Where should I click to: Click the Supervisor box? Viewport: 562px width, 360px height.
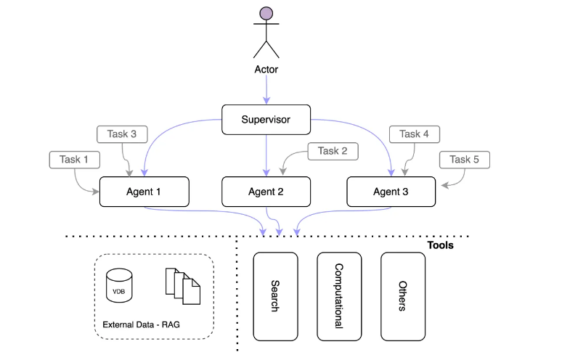click(266, 119)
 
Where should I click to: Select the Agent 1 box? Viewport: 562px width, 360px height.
click(144, 192)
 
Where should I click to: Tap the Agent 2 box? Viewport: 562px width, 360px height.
click(266, 192)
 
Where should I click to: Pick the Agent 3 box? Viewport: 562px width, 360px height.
click(391, 192)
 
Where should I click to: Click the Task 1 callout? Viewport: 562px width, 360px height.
click(74, 160)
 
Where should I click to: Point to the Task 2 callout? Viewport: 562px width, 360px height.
click(333, 151)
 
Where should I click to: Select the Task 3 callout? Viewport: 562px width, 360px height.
click(122, 134)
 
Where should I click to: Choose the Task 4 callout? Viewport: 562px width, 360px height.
click(414, 134)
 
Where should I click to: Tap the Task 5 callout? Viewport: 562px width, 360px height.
click(464, 160)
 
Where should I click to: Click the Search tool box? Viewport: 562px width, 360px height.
click(275, 296)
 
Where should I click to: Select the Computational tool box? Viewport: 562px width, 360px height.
click(339, 296)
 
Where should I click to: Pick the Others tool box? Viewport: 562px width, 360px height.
click(402, 296)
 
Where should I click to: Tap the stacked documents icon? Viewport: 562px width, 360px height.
click(182, 285)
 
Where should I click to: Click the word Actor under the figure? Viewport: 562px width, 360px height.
click(266, 70)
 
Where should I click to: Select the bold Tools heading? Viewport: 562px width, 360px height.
click(439, 245)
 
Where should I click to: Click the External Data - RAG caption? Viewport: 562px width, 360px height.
click(141, 324)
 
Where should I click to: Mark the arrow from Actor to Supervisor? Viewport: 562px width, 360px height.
click(266, 90)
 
